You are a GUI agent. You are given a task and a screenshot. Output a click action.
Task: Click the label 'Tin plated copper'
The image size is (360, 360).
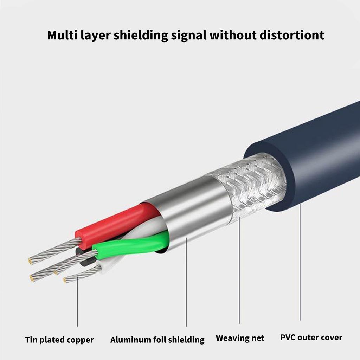coord(59,340)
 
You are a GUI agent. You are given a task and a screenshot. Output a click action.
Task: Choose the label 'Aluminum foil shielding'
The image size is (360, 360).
coord(157,340)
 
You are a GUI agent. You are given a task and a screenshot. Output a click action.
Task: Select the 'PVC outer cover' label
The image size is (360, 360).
coord(311,338)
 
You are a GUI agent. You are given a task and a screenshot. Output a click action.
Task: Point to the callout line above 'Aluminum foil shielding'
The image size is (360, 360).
coord(186,281)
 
